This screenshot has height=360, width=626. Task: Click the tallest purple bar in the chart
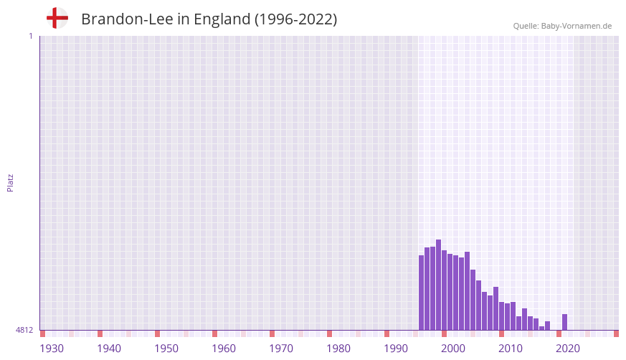point(438,285)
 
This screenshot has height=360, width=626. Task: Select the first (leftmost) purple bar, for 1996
point(421,293)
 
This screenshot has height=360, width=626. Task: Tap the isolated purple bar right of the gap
point(564,322)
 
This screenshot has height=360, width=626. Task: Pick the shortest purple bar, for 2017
point(541,328)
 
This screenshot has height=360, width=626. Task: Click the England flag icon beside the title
point(57,18)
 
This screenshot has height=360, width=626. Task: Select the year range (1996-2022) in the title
point(295,19)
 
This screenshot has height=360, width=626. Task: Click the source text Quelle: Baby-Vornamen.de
point(562,26)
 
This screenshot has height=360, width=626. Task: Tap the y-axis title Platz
point(10,182)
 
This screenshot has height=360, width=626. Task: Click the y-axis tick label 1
point(30,36)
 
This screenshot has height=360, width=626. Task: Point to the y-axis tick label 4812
point(24,331)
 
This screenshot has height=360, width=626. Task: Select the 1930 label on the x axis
point(52,349)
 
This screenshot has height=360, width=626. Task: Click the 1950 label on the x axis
point(166,349)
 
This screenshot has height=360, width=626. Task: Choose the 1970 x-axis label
point(281,349)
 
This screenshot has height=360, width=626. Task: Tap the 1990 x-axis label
point(396,349)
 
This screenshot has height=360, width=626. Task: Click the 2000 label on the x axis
point(453,349)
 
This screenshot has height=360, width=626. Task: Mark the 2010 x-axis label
point(511,349)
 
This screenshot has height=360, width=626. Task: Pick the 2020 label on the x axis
point(568,349)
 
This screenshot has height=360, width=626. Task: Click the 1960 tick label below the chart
point(224,349)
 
